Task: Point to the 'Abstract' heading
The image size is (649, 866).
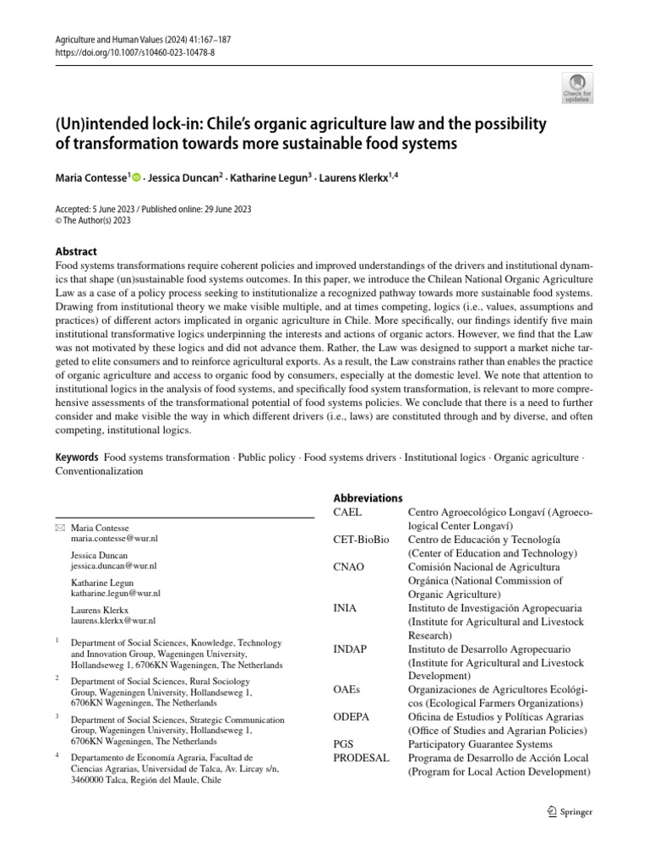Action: [x=76, y=251]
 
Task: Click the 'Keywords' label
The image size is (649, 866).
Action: [x=77, y=458]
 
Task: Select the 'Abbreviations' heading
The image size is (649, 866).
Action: [x=368, y=498]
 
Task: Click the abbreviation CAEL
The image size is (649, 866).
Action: [x=347, y=512]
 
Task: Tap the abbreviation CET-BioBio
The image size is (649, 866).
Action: [x=362, y=540]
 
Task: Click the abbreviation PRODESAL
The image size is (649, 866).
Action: [x=362, y=758]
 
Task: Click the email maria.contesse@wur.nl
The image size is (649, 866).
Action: [x=114, y=538]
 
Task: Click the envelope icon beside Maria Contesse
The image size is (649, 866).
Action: [x=59, y=528]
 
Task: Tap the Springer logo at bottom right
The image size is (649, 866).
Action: [x=570, y=812]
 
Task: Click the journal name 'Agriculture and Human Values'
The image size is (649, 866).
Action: [x=110, y=39]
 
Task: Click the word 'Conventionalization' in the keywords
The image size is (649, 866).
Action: [x=99, y=472]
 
